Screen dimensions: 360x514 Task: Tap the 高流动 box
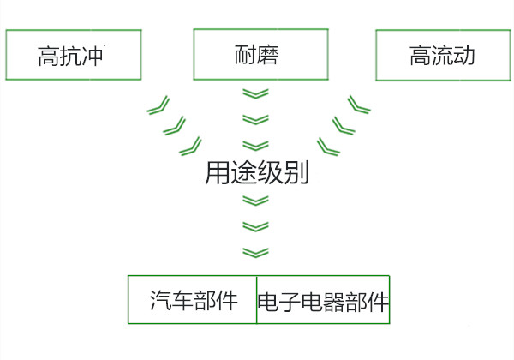click(x=442, y=57)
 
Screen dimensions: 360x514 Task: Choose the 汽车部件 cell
click(x=193, y=300)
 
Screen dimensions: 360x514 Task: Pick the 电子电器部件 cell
click(x=323, y=301)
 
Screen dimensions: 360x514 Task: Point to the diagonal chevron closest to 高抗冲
click(x=157, y=106)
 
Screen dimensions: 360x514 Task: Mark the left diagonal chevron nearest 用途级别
click(x=190, y=146)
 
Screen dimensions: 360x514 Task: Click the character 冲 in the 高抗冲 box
click(x=104, y=57)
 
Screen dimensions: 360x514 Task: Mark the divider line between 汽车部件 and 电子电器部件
click(x=257, y=300)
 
